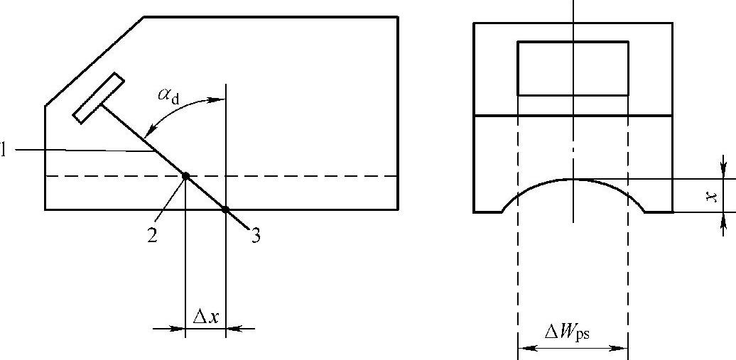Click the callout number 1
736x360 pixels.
(4, 150)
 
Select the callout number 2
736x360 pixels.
(152, 236)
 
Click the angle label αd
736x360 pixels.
(169, 95)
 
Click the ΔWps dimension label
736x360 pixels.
(567, 332)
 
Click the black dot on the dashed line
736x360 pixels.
(185, 176)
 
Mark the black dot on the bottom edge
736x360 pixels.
(225, 209)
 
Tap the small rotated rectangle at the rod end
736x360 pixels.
(99, 98)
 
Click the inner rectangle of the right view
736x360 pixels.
(573, 68)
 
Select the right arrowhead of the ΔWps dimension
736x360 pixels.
(622, 348)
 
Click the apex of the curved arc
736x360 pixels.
(573, 179)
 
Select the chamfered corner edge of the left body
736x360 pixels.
(94, 62)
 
